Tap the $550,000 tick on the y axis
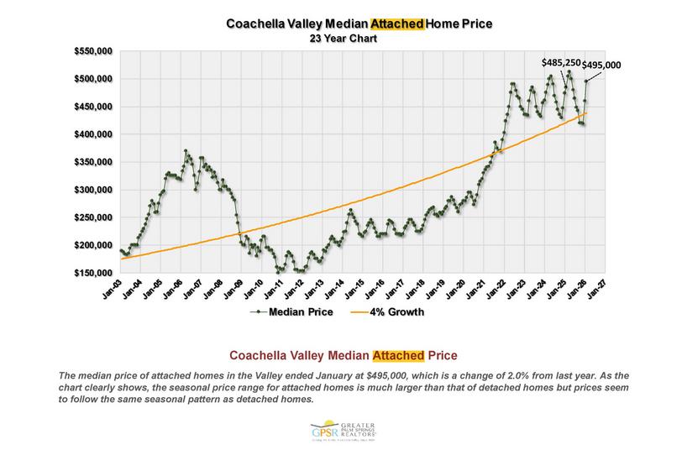click(92, 51)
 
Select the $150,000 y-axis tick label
click(92, 273)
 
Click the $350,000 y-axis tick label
click(92, 162)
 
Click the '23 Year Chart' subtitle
click(343, 39)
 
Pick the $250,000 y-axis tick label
click(92, 217)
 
